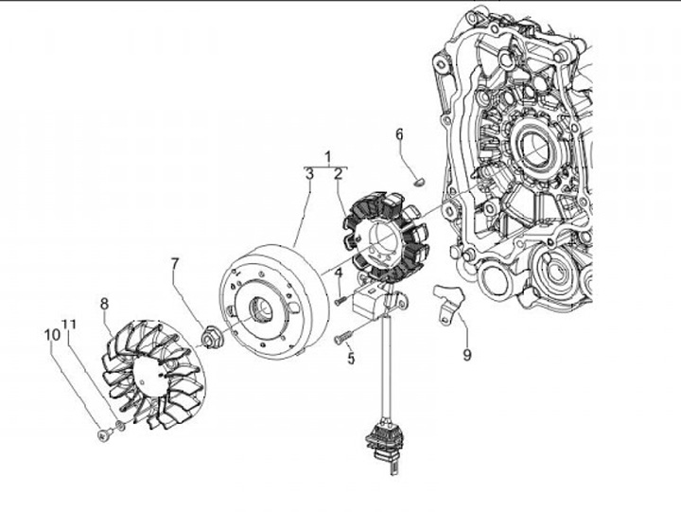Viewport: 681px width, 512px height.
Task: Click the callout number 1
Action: click(328, 157)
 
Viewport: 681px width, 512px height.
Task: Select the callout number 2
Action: click(339, 174)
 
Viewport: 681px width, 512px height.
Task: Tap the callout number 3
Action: click(309, 174)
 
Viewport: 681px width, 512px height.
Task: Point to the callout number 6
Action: click(399, 134)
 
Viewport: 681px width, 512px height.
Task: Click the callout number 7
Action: click(175, 264)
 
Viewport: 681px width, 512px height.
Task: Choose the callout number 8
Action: click(104, 304)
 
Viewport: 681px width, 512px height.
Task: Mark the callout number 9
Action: click(467, 355)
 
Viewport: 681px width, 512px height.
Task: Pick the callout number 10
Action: click(52, 335)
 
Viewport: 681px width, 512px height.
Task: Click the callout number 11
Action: click(69, 325)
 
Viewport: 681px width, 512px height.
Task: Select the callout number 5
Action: click(351, 359)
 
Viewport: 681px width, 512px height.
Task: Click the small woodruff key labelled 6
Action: click(420, 182)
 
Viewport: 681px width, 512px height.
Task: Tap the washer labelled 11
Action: click(121, 426)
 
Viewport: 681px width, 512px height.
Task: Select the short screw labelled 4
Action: click(340, 301)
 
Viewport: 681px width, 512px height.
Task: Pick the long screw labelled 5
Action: click(343, 338)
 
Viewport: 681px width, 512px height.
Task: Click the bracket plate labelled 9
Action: click(447, 304)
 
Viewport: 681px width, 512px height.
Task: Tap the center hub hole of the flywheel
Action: click(260, 309)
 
